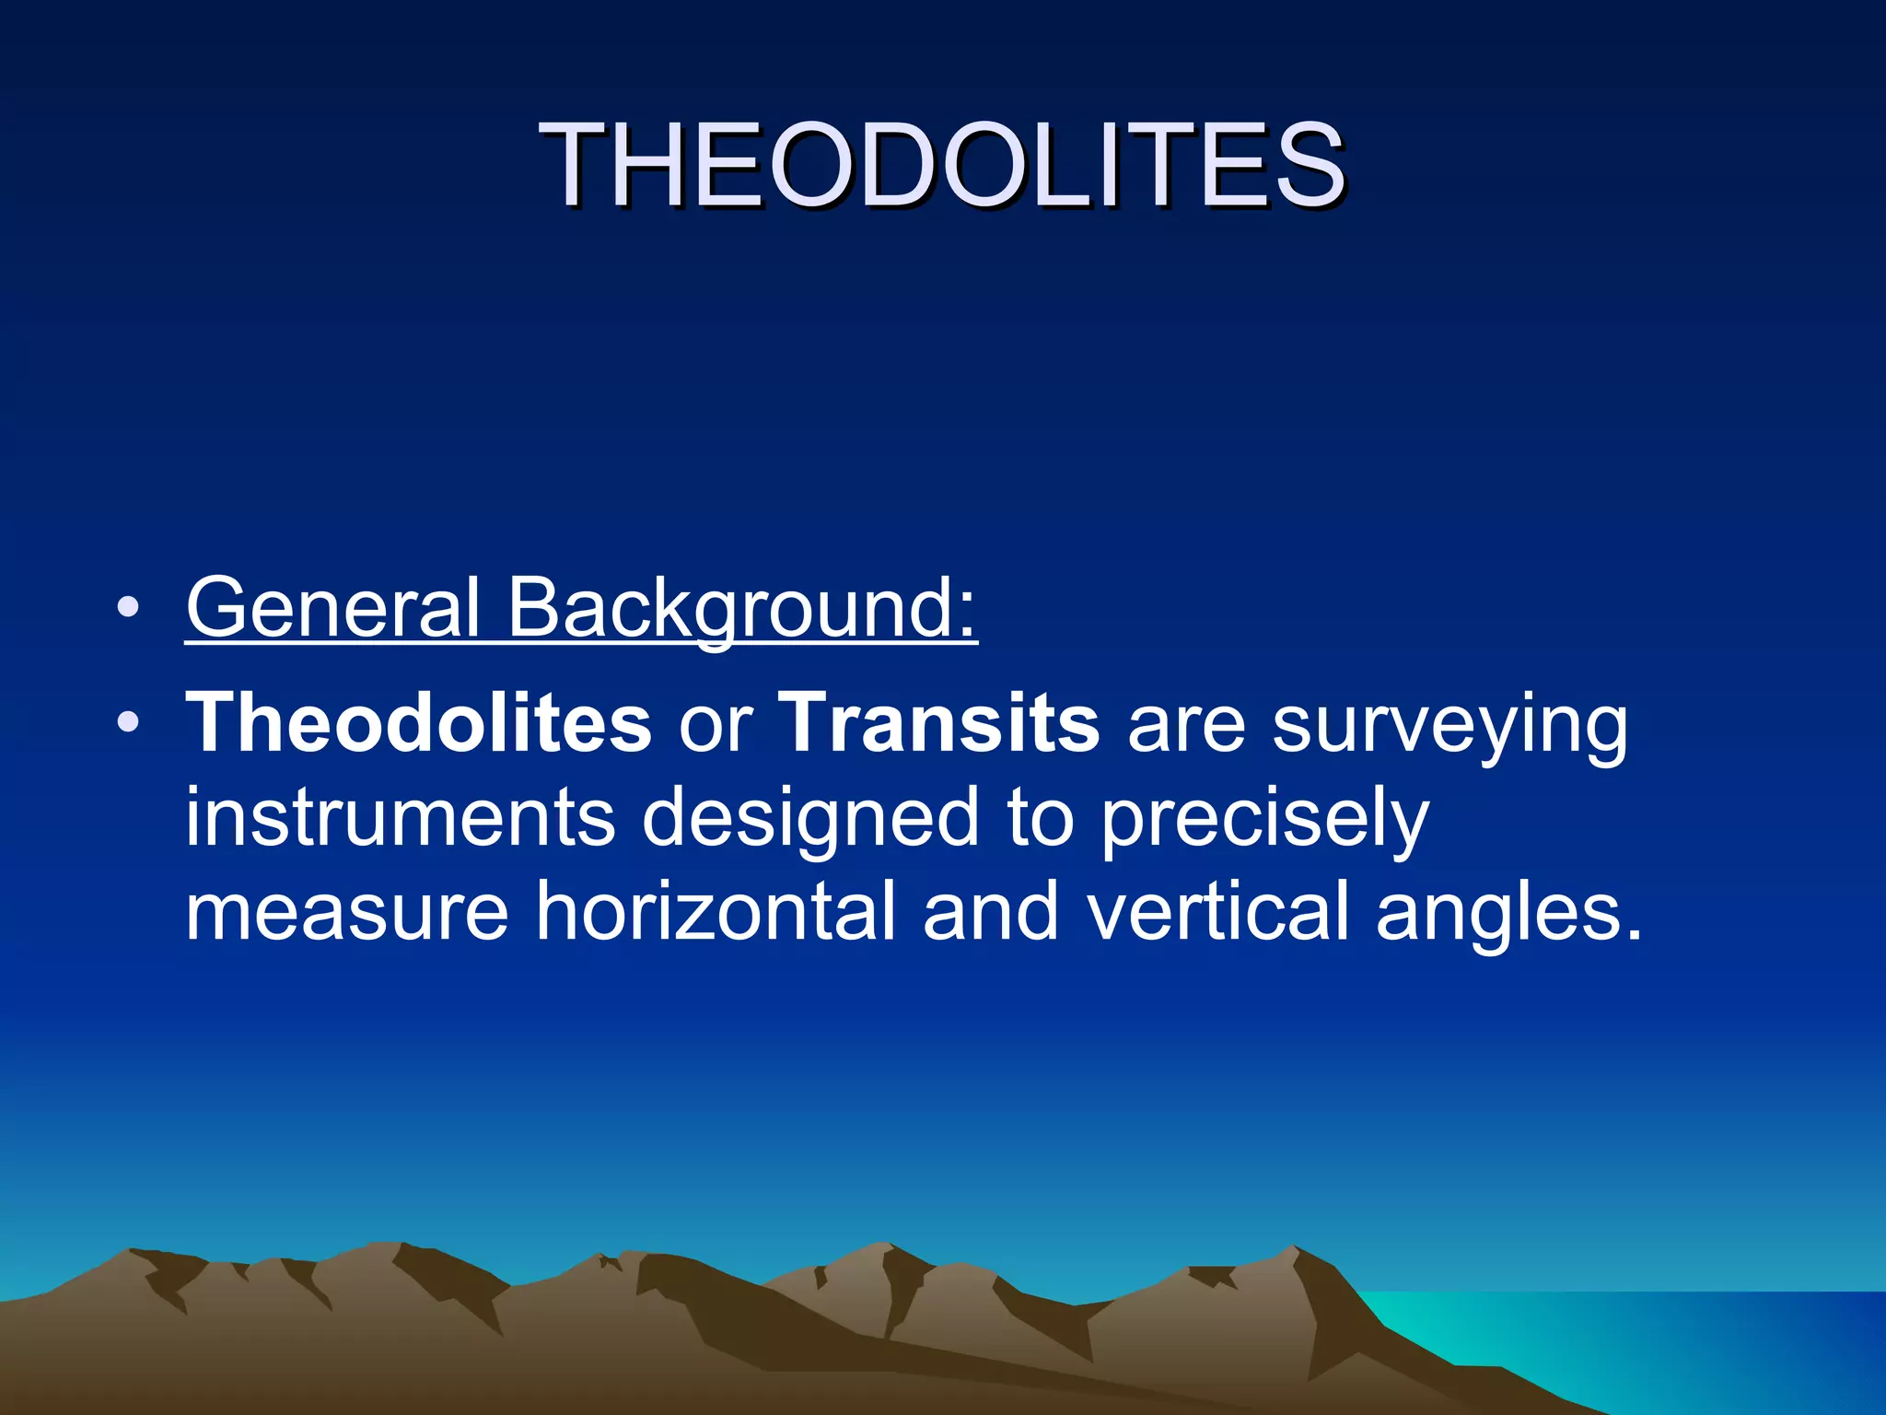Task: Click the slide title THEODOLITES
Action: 943,166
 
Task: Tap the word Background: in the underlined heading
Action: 742,609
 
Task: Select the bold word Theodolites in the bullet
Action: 419,723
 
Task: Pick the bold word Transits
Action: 939,723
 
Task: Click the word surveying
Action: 1449,728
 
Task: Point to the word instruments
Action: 401,818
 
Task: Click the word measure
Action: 347,912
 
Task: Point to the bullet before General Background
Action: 128,608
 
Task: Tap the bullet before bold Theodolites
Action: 128,723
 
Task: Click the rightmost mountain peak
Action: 1295,1251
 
